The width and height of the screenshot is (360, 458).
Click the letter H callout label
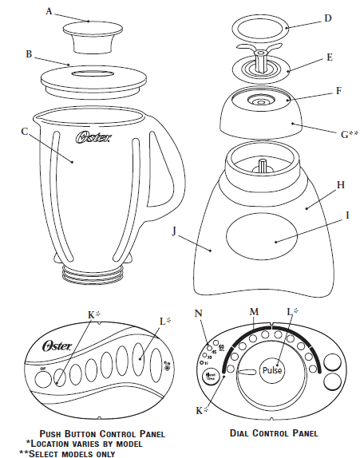pyautogui.click(x=340, y=184)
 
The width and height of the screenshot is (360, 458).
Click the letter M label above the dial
pyautogui.click(x=254, y=310)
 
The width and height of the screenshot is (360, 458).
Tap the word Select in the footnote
pyautogui.click(x=51, y=453)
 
